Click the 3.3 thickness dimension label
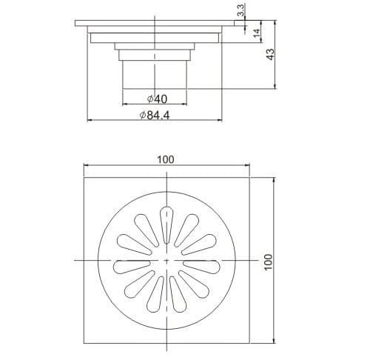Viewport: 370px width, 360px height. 240,12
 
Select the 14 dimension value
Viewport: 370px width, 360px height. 256,33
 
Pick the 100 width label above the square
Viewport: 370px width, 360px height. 166,159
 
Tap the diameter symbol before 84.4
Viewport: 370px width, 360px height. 144,114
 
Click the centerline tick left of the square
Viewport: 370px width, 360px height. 79,261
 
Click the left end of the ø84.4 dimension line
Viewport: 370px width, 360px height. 89,119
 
